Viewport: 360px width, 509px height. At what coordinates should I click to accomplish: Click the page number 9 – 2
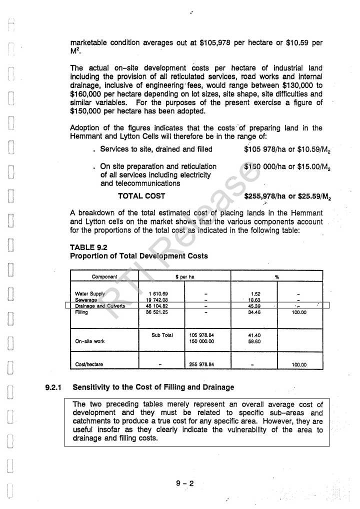point(184,483)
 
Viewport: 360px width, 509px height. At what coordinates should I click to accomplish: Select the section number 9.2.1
point(52,387)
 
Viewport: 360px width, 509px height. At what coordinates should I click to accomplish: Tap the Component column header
point(104,276)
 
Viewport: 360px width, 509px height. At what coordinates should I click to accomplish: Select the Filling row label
point(81,311)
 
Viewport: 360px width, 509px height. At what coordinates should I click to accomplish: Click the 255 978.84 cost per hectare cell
point(202,364)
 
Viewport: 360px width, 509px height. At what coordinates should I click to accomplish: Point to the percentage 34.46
point(254,311)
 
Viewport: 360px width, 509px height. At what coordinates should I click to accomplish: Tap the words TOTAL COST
point(141,196)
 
